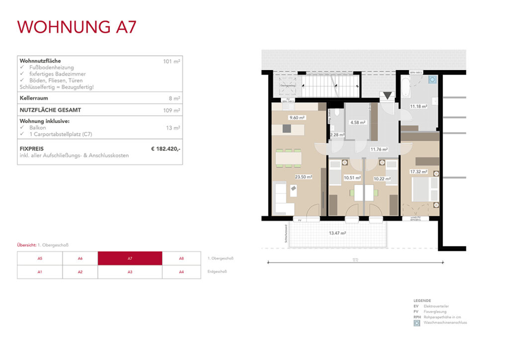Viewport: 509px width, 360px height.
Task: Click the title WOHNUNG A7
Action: [x=77, y=27]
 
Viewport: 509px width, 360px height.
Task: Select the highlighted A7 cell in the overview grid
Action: [x=130, y=259]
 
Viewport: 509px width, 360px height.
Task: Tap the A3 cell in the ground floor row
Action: [x=130, y=272]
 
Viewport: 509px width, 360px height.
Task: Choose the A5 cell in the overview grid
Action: [x=40, y=259]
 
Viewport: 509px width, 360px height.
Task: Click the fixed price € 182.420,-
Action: [x=166, y=148]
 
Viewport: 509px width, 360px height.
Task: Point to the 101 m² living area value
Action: [x=171, y=61]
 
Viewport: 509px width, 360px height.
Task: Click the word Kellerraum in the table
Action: [x=33, y=98]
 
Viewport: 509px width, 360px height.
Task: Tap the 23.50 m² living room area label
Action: [x=303, y=177]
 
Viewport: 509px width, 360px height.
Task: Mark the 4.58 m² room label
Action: [x=358, y=122]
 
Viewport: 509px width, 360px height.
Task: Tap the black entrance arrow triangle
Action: [x=387, y=95]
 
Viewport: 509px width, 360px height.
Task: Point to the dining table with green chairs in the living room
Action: [x=288, y=158]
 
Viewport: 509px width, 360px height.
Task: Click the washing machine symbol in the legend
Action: [x=417, y=323]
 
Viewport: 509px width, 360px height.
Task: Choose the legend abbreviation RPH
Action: [x=417, y=317]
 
